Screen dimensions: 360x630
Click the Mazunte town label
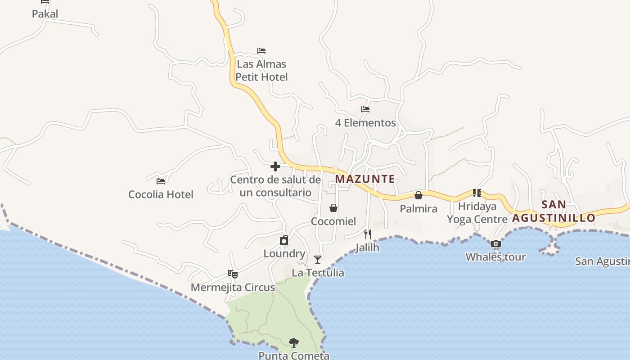(365, 179)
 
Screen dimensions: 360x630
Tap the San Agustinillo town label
(554, 211)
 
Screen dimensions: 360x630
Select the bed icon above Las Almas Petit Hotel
(261, 51)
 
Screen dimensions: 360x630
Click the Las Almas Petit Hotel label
(261, 71)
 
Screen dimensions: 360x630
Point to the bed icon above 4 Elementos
(365, 109)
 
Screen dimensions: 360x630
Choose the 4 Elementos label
(365, 123)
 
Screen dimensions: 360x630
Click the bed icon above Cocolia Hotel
(161, 181)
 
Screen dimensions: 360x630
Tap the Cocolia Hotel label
(161, 194)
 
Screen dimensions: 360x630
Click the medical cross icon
(275, 167)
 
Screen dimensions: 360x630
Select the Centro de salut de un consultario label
(275, 186)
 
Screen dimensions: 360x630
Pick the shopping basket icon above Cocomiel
(333, 208)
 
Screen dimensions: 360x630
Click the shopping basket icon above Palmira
(418, 195)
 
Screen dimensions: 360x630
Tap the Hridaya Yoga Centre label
(477, 213)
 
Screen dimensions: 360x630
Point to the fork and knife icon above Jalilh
(368, 234)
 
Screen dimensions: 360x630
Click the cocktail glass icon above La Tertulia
(318, 260)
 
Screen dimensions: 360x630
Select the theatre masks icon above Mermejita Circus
(233, 274)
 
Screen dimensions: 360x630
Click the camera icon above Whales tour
(496, 244)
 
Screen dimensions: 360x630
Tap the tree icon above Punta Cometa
(294, 343)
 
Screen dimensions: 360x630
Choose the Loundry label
(284, 254)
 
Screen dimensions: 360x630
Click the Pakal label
(45, 14)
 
